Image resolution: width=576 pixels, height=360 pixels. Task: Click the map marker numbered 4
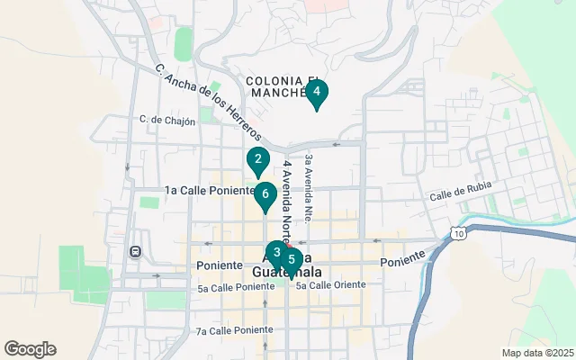coord(317,92)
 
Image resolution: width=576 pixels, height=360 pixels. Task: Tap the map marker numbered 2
coord(258,160)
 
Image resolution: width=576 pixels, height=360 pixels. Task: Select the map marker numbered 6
coord(265,194)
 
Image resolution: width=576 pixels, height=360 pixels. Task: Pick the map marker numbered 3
coord(275,253)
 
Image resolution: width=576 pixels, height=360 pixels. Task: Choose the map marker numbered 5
coord(291,260)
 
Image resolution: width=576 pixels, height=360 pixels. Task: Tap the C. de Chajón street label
coord(167,121)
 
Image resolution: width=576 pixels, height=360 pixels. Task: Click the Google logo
coord(30,349)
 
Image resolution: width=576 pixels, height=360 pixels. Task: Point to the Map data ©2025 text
coord(537,353)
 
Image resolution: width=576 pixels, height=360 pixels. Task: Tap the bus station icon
coord(136,251)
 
